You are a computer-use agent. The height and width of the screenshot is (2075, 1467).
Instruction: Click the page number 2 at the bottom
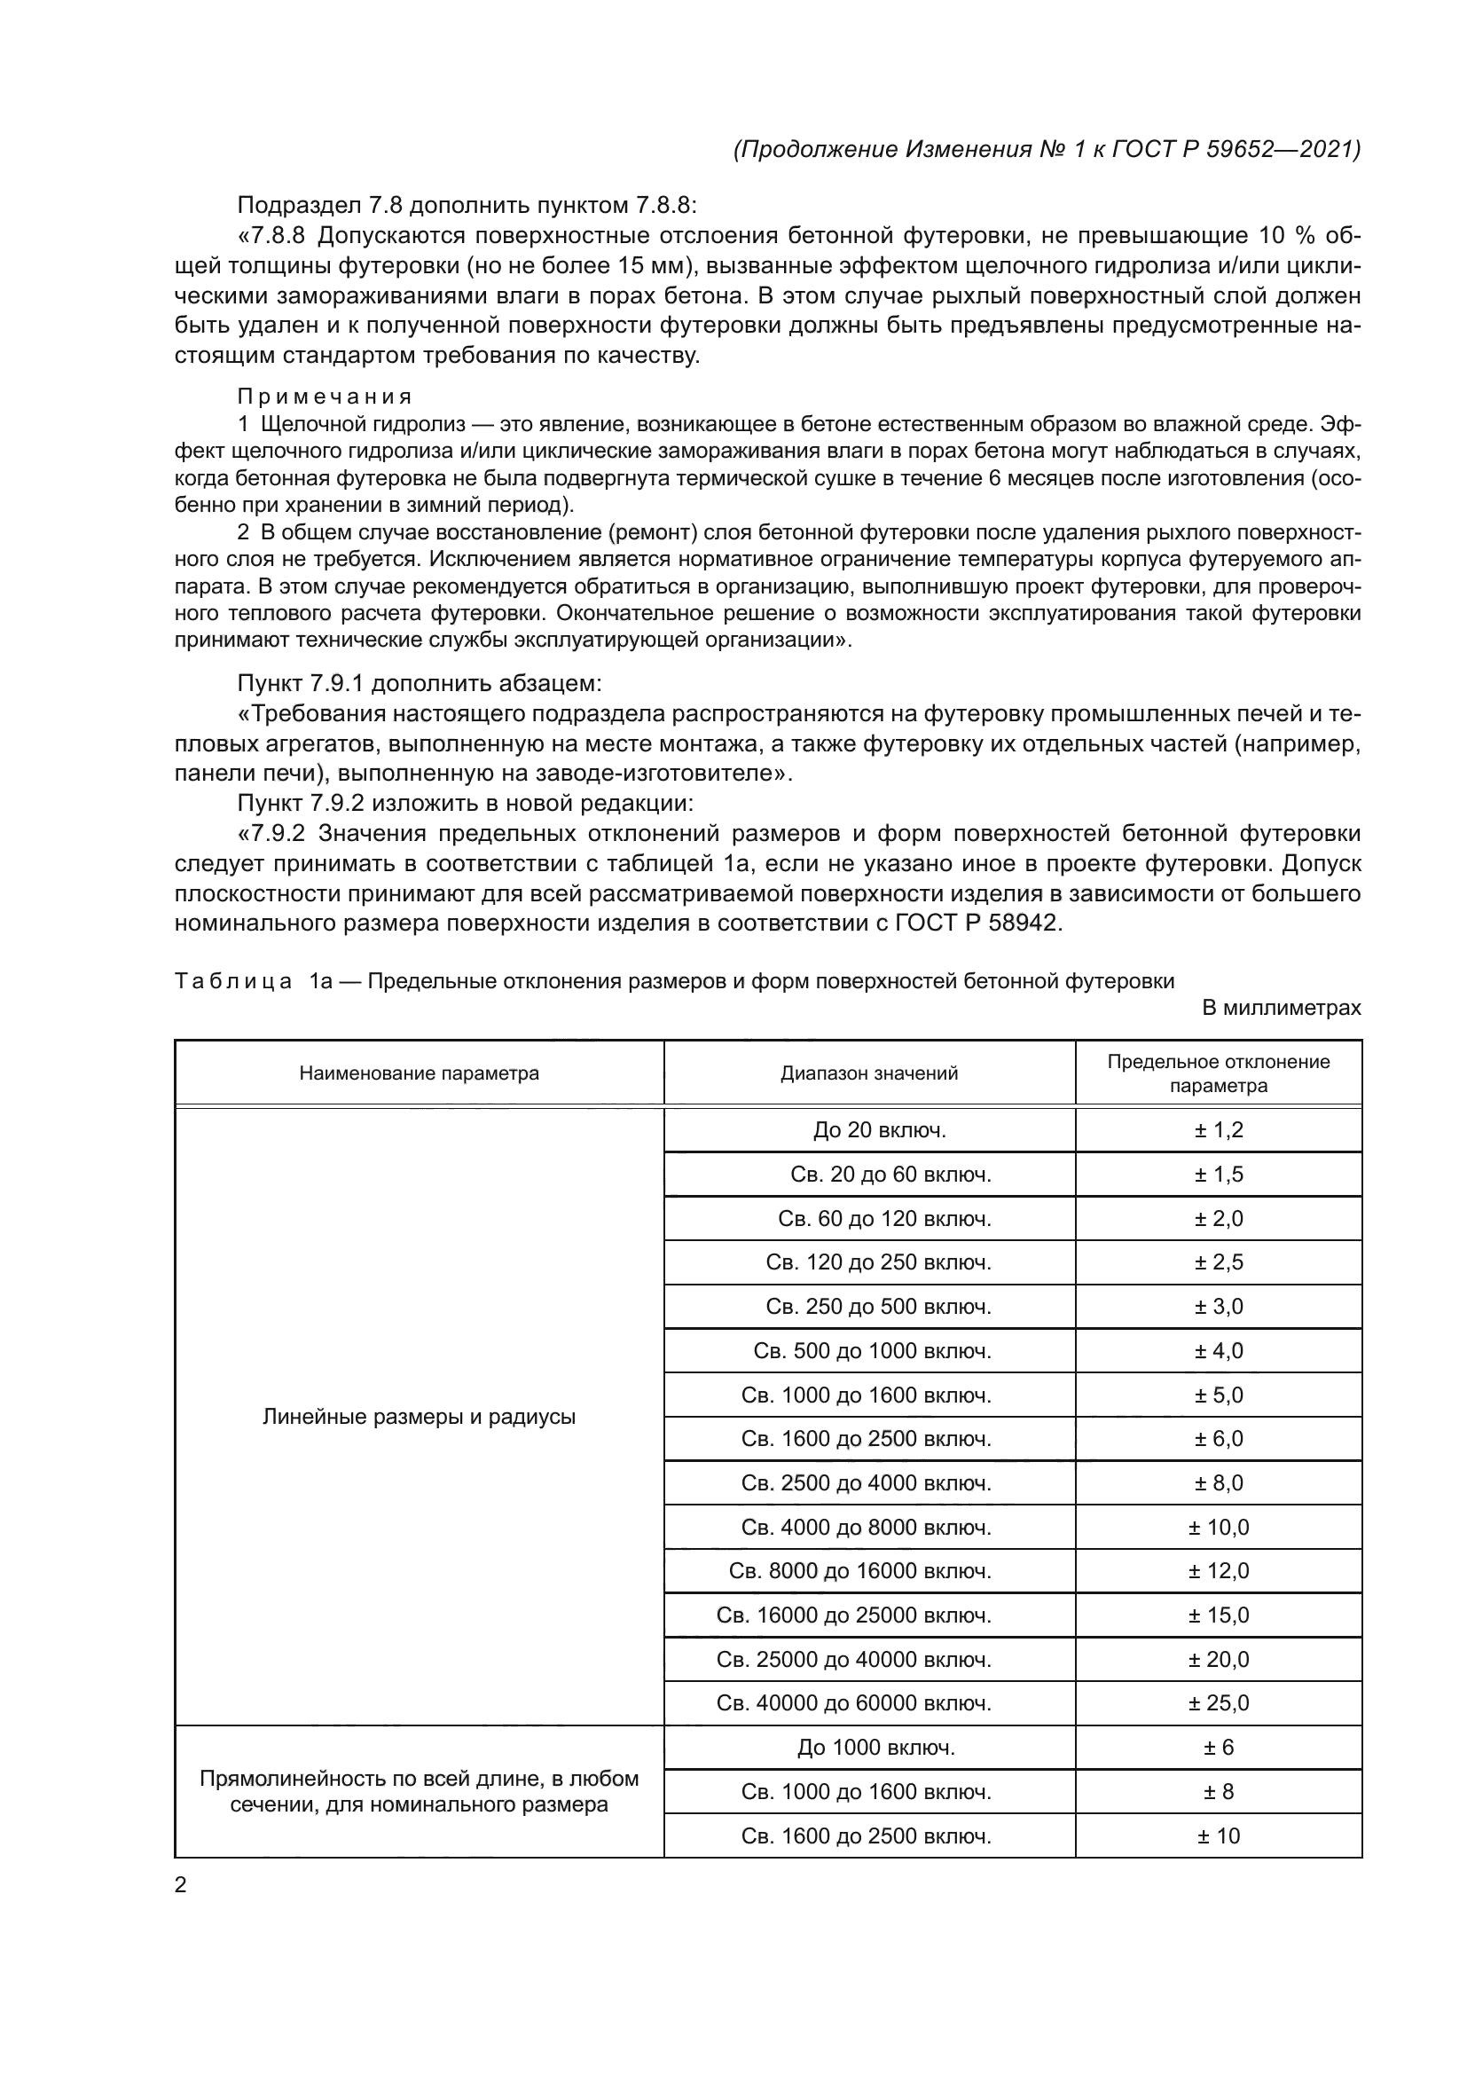[181, 1884]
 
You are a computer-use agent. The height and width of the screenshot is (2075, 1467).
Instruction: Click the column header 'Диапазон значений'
[869, 1073]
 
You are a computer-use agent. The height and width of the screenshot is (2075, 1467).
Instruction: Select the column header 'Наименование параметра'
[420, 1073]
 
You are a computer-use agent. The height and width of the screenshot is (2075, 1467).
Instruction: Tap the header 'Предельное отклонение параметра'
[1218, 1073]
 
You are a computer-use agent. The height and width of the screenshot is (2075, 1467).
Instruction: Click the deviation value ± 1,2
[1218, 1129]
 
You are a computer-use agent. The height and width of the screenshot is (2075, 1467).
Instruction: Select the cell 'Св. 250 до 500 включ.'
[878, 1307]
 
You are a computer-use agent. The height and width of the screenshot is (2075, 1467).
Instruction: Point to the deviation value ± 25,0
[1218, 1703]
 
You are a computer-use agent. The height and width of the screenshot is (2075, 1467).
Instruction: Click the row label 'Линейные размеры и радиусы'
[420, 1416]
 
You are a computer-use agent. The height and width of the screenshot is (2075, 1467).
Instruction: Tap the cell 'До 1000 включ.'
[875, 1748]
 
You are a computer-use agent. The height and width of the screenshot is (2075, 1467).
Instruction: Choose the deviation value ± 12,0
[1218, 1571]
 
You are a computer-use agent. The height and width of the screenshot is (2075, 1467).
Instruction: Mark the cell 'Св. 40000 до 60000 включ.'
[853, 1703]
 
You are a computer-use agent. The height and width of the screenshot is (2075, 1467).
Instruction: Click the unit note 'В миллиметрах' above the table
[1281, 1008]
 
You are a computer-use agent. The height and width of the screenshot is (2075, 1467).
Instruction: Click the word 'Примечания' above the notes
[325, 397]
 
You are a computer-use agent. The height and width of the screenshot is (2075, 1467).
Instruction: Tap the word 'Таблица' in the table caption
[233, 981]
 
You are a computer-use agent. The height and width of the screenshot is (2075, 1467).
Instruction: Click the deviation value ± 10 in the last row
[1218, 1835]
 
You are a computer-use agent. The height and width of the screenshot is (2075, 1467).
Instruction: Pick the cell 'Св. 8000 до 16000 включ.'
[860, 1571]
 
